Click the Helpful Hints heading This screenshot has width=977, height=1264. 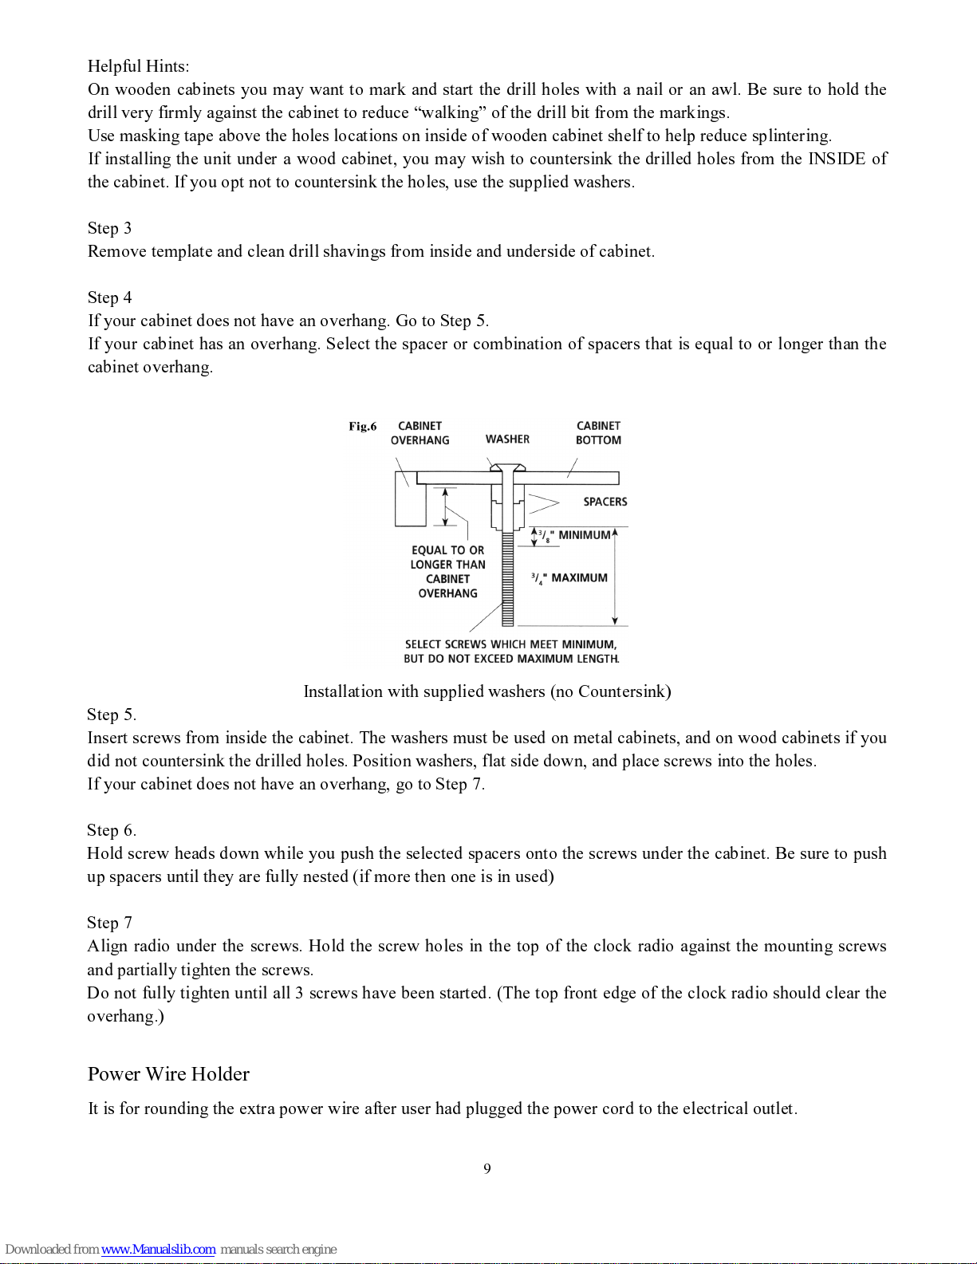[138, 66]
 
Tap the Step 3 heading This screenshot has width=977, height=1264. [109, 228]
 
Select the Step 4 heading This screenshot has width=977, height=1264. [109, 297]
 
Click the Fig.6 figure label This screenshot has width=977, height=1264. [362, 427]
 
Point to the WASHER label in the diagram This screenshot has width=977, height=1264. [507, 439]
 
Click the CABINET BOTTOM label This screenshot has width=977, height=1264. [598, 433]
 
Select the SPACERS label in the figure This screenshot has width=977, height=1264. [605, 502]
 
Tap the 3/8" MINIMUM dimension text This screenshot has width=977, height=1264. [573, 535]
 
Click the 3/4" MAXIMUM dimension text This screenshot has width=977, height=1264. [569, 578]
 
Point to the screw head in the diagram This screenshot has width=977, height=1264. [507, 467]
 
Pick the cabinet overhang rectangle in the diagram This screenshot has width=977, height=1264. [410, 500]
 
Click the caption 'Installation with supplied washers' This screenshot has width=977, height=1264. [487, 691]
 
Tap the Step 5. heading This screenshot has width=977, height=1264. [111, 715]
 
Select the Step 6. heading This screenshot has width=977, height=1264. [111, 830]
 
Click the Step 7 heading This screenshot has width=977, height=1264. [109, 923]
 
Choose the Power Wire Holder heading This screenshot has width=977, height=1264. [168, 1074]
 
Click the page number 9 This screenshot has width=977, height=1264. [487, 1169]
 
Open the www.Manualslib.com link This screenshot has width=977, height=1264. [158, 1250]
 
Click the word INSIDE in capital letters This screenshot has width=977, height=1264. [837, 159]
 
